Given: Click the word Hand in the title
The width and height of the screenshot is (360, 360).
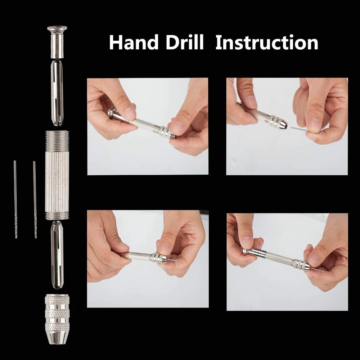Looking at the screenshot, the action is coord(134,42).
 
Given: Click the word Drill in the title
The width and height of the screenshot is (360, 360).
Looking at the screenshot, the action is coord(185,42).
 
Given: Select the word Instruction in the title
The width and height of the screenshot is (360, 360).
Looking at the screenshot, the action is coord(267,42).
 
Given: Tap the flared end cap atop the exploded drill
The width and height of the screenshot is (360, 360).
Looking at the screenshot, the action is coord(57,42).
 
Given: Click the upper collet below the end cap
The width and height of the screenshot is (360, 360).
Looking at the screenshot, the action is coord(57,93).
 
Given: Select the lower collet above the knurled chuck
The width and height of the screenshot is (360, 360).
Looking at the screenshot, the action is coord(57,255).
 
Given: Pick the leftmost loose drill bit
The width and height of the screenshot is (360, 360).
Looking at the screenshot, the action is coord(15,199).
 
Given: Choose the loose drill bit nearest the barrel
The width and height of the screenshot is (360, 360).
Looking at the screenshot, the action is coord(35,199).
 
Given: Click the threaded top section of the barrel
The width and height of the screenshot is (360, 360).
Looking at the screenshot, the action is coord(57,141).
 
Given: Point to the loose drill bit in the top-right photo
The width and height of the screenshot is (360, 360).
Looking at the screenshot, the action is coord(305,130).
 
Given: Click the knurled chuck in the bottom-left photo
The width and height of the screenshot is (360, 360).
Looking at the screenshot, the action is coord(159,258).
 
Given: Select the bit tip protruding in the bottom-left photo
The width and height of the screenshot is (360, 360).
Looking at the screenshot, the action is coord(175,260).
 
